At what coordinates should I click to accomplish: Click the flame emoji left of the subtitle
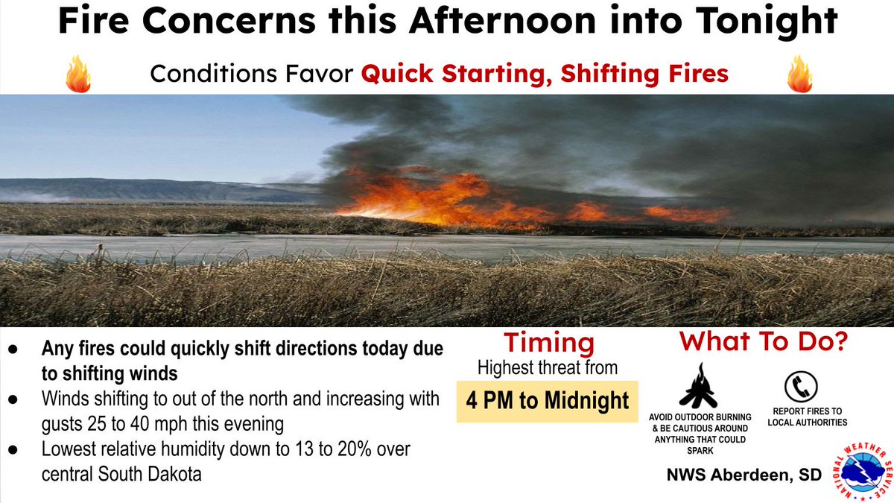(78, 74)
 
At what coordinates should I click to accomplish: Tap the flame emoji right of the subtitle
(799, 74)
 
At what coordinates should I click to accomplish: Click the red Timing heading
(549, 343)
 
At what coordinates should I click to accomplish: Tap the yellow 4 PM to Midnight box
(548, 401)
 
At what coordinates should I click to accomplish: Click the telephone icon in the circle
(802, 386)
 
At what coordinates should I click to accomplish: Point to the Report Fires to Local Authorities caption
(807, 417)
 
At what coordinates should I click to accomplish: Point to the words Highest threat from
(548, 367)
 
